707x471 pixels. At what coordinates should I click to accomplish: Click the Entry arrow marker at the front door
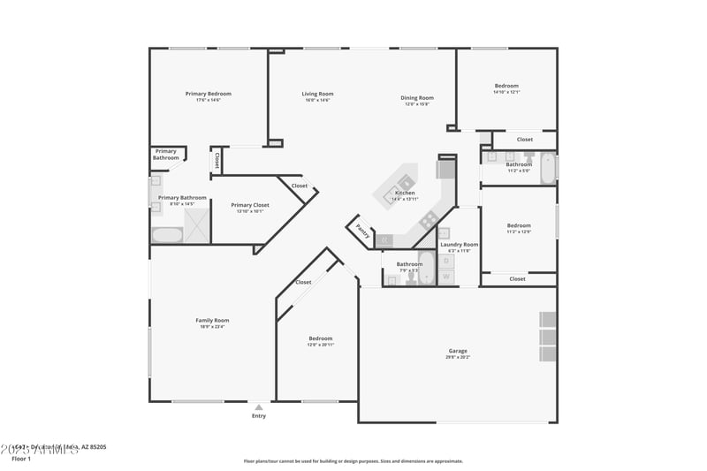258,407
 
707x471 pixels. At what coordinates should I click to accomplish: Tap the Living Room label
317,94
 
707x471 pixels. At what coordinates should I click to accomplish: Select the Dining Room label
417,97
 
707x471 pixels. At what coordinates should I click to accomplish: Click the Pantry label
362,230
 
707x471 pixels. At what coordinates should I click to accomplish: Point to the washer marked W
446,277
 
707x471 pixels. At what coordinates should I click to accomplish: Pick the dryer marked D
446,261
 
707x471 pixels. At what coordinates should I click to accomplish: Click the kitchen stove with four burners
430,221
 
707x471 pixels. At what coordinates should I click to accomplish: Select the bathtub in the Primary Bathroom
167,235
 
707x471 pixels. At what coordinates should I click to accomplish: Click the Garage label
458,351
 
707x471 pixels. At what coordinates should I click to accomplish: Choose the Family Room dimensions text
212,327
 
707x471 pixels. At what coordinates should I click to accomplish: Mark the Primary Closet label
250,205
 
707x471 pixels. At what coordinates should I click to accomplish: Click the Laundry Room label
459,244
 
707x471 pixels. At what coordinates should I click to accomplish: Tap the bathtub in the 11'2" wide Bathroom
547,167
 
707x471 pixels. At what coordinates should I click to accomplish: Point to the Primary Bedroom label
208,94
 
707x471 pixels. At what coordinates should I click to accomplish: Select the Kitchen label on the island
405,193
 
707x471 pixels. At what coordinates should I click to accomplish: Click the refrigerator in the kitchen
446,167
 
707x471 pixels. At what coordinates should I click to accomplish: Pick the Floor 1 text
21,459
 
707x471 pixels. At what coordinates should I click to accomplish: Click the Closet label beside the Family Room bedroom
303,282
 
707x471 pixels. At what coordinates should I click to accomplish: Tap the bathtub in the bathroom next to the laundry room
426,269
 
